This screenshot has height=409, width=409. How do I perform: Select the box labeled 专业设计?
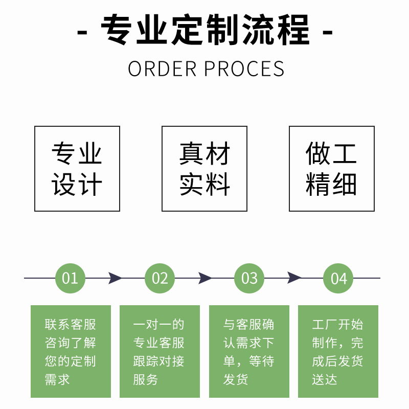tap(77, 169)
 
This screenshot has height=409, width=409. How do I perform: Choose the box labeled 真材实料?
tap(204, 169)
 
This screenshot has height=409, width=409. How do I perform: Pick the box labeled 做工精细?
tap(332, 169)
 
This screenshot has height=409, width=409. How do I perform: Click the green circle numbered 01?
tap(70, 278)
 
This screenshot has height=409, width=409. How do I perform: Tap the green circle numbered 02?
tap(160, 278)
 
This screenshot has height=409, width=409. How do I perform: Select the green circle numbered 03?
tap(249, 278)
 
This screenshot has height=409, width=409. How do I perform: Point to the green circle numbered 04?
tap(338, 278)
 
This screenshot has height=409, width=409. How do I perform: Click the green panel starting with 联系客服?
tap(71, 351)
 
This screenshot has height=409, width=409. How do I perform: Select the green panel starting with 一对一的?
tap(160, 351)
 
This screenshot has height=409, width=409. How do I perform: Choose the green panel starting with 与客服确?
tap(249, 351)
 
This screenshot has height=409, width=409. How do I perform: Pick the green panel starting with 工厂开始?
tap(338, 351)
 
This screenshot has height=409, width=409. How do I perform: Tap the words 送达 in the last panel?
tap(325, 380)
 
